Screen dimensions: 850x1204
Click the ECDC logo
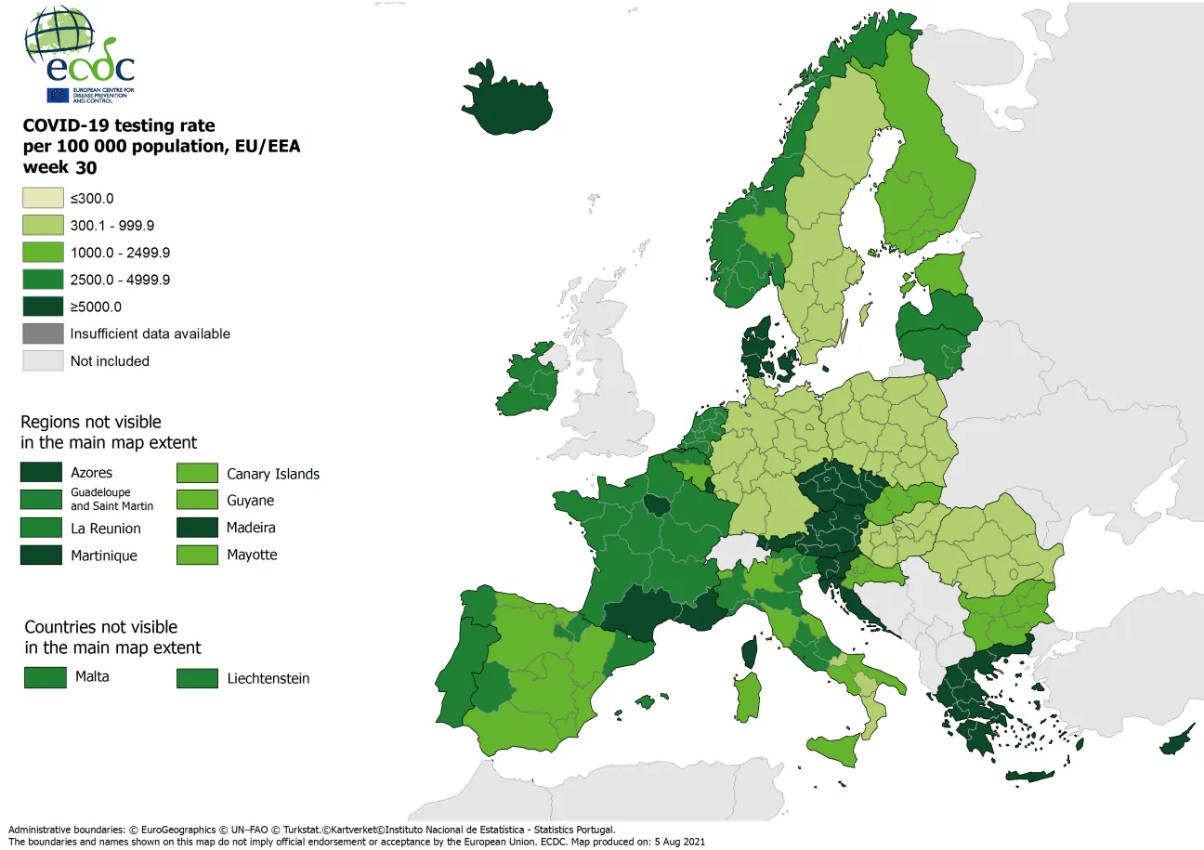pyautogui.click(x=80, y=55)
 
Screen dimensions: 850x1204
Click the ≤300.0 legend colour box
pyautogui.click(x=43, y=198)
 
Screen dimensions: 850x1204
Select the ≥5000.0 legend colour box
pyautogui.click(x=43, y=307)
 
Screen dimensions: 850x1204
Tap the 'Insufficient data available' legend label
pyautogui.click(x=150, y=333)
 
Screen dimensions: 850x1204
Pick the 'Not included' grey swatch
pyautogui.click(x=43, y=360)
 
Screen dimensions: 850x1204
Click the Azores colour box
pyautogui.click(x=41, y=473)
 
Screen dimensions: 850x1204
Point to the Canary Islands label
pyautogui.click(x=273, y=474)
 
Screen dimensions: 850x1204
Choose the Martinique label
pyautogui.click(x=104, y=556)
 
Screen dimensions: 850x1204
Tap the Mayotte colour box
pyautogui.click(x=197, y=556)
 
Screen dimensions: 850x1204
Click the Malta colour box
pyautogui.click(x=46, y=677)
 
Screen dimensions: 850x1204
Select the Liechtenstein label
pyautogui.click(x=268, y=678)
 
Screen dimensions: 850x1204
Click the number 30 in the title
pyautogui.click(x=85, y=168)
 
